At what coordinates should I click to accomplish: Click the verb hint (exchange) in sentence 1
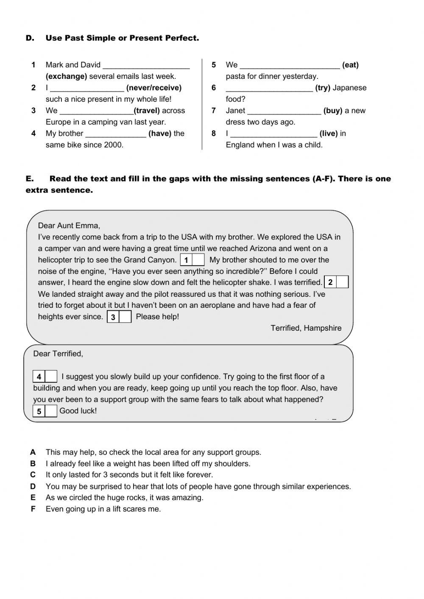point(66,76)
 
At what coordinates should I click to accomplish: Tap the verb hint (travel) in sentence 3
point(147,111)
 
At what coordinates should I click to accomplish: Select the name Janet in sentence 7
point(235,111)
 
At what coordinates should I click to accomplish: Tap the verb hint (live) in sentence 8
point(329,134)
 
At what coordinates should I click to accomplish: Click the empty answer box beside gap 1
point(198,260)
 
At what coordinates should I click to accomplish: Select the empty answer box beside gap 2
point(342,282)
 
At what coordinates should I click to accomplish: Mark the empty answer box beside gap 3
point(125,317)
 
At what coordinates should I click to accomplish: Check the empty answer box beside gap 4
point(51,376)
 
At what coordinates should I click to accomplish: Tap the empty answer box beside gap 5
point(51,411)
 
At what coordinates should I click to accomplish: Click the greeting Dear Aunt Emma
point(69,226)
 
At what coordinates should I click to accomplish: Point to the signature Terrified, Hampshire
point(306,328)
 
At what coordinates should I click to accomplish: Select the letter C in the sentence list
point(33,475)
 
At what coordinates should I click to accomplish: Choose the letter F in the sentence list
point(33,509)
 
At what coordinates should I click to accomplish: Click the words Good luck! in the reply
point(78,411)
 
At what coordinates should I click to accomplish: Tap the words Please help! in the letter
point(157,317)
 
